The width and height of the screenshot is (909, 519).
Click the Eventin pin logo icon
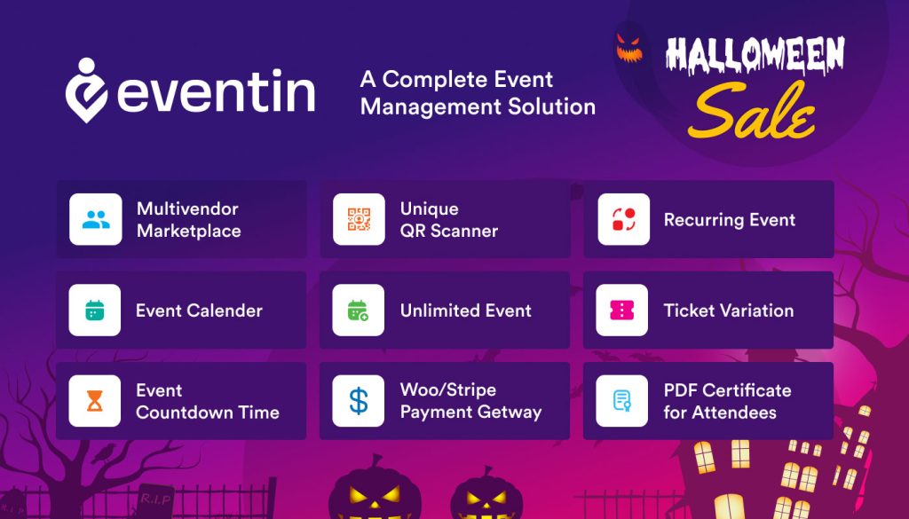click(86, 90)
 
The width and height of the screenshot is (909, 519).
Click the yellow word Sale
click(752, 111)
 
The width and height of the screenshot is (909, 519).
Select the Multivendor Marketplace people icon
click(96, 219)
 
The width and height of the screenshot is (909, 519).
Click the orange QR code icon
click(359, 219)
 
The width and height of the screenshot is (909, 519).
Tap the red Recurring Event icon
click(624, 219)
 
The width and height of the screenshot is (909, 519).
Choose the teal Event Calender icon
click(94, 311)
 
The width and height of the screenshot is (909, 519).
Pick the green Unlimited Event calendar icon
click(359, 311)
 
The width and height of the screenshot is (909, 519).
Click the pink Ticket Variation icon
click(622, 311)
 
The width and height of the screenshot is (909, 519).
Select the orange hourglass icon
click(94, 401)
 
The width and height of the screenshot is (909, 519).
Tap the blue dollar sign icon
click(359, 401)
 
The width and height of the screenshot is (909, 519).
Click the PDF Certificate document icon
click(622, 401)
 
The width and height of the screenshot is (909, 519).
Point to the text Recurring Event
click(730, 220)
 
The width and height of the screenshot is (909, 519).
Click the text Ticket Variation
click(729, 311)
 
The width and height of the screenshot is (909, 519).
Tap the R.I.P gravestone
click(155, 500)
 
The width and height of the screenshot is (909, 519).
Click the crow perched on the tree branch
click(104, 453)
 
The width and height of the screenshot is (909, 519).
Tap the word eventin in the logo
click(217, 90)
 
